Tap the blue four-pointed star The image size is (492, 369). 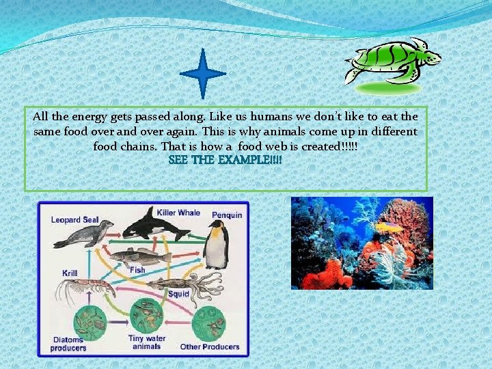tap(203, 73)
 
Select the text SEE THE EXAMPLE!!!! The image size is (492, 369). tap(225, 160)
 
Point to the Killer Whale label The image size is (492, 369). tap(178, 213)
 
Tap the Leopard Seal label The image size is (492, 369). tap(74, 220)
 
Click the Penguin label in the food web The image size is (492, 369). tap(227, 215)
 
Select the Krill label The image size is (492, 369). tap(70, 273)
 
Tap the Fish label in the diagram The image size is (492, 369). tap(137, 269)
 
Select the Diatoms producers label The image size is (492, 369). tap(68, 343)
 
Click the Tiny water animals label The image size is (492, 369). tap(146, 342)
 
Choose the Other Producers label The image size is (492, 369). tap(210, 346)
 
